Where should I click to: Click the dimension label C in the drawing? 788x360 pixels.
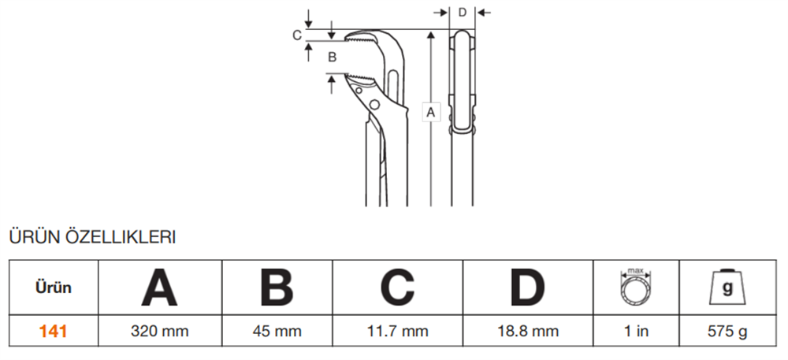point(297,35)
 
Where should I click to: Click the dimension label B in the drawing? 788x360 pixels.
point(332,57)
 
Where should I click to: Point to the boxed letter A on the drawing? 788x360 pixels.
point(430,113)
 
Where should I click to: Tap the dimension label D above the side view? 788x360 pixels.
point(462,12)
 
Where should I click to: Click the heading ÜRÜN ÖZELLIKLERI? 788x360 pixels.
point(91,236)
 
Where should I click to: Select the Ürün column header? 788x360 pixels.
point(53,288)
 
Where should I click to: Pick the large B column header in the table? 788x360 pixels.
point(277,288)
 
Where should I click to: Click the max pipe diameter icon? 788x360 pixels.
point(636,288)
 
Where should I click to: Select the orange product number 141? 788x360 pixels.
point(53,332)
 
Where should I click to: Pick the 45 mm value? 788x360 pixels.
point(277,332)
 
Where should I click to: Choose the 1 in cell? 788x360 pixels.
point(636,332)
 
